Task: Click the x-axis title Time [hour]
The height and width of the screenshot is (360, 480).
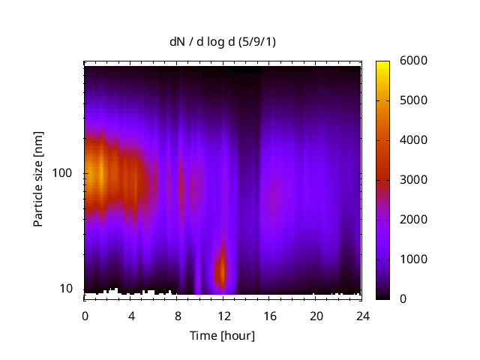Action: click(x=222, y=335)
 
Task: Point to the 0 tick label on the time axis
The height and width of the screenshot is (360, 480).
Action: click(x=85, y=315)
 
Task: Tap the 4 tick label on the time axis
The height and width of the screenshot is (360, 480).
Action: click(x=131, y=315)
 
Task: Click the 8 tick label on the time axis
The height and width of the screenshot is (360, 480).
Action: click(x=178, y=315)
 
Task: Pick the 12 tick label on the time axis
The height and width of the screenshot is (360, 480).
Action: click(x=223, y=315)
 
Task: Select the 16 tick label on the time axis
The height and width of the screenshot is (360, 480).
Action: click(x=270, y=315)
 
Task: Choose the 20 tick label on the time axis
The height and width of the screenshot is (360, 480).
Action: click(x=316, y=315)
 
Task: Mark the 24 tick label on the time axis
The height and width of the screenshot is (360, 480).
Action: click(x=363, y=315)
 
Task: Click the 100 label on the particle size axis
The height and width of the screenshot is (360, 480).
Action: click(x=63, y=173)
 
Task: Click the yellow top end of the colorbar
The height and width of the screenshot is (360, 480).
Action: click(x=382, y=64)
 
